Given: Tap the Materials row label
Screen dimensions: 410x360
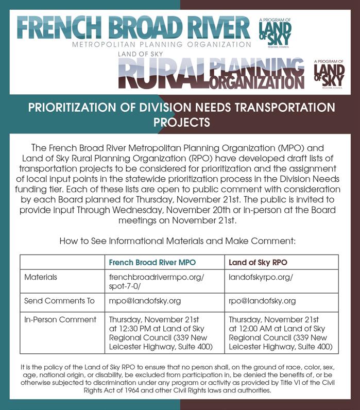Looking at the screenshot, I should [x=41, y=277].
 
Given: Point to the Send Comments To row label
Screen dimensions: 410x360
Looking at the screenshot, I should [x=54, y=301].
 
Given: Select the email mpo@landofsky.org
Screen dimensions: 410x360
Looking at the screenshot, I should [x=145, y=301].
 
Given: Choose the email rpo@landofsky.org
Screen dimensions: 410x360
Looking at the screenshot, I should [x=262, y=301].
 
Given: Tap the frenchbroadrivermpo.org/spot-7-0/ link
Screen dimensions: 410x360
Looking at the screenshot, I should [x=157, y=281].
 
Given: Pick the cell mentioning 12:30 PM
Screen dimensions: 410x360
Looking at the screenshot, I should [x=161, y=333].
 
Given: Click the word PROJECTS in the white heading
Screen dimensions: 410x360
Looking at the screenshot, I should [x=182, y=123].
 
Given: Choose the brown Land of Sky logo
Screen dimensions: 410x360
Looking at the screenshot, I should [x=329, y=75].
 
